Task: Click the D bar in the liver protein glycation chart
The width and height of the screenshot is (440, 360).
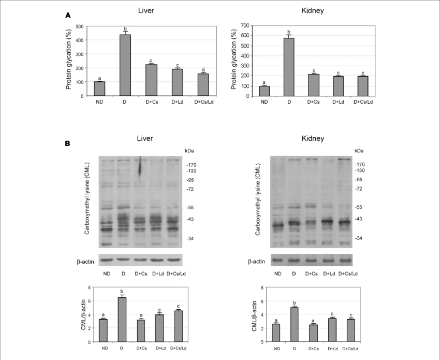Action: click(x=124, y=65)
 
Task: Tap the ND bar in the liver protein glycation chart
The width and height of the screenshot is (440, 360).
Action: click(x=99, y=89)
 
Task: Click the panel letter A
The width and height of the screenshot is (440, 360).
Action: click(x=68, y=16)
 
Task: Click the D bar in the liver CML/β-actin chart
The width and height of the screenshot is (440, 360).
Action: click(x=122, y=319)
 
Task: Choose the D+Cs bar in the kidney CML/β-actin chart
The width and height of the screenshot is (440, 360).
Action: click(x=313, y=334)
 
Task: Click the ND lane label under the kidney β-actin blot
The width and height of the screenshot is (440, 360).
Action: click(x=277, y=273)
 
